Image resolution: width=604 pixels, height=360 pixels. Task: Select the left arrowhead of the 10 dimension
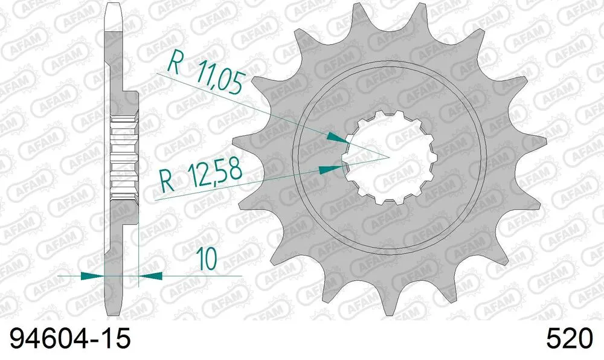[x=91, y=275]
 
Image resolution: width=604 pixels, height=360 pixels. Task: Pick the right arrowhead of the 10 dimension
[x=150, y=275]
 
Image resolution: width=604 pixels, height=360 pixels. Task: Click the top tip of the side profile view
[x=115, y=7]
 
